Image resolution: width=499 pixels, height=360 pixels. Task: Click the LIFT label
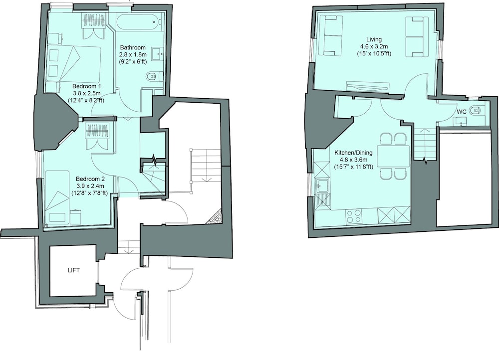tap(73, 271)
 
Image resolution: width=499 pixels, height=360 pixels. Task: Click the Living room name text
tap(374, 39)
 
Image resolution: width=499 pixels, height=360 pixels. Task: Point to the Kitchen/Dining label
tap(353, 153)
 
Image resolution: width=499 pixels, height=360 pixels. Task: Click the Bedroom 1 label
tap(86, 86)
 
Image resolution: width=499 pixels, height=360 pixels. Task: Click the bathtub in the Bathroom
tap(139, 22)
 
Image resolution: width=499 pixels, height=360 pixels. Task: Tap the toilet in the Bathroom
tap(153, 76)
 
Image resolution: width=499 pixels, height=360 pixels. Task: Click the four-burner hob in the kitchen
tap(354, 216)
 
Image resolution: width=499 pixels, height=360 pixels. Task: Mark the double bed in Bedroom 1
tap(74, 64)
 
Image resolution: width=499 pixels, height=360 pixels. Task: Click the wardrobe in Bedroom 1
tap(94, 26)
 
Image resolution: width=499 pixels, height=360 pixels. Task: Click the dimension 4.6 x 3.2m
tap(374, 47)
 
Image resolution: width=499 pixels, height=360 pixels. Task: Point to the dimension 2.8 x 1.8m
tap(133, 55)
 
